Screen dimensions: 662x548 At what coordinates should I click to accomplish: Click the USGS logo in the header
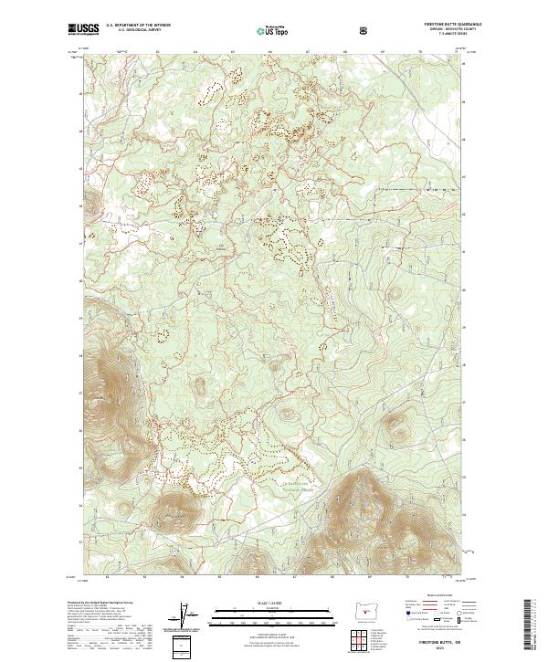[x=84, y=29]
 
